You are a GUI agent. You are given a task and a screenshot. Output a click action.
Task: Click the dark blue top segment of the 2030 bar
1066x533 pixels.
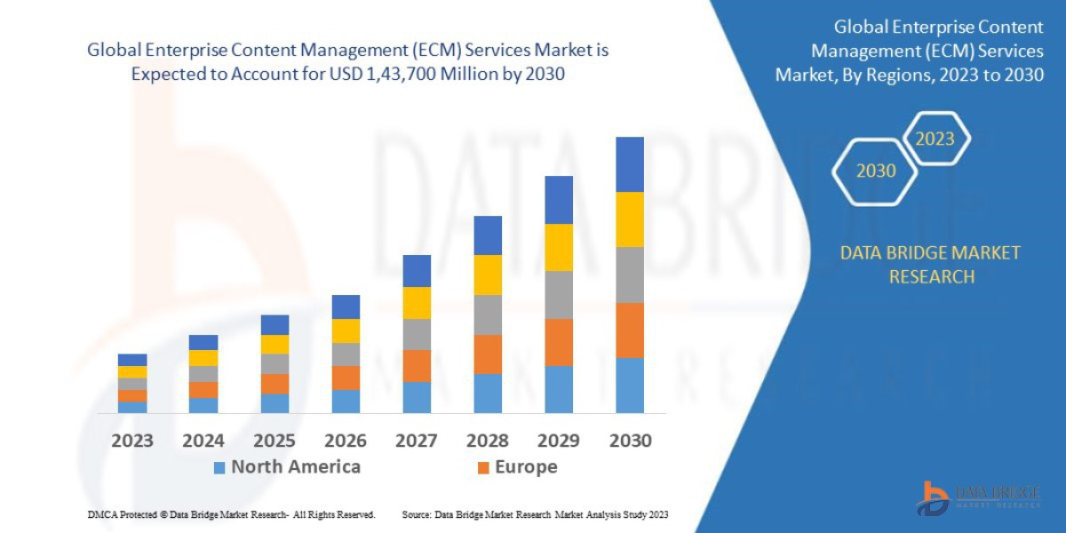(x=629, y=164)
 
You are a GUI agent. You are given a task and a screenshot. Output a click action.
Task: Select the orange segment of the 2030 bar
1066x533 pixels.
(x=629, y=330)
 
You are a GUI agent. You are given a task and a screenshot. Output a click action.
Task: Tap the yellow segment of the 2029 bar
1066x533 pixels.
(x=558, y=247)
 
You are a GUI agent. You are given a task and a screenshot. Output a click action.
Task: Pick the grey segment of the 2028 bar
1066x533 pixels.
(x=487, y=314)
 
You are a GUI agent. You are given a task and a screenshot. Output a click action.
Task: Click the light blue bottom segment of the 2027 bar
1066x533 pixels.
(x=416, y=397)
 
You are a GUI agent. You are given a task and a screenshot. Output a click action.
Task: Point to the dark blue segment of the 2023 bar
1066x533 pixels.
(x=131, y=360)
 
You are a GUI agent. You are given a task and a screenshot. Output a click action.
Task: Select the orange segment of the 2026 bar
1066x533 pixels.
(x=345, y=378)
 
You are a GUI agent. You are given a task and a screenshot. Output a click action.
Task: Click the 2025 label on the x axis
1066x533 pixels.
(x=274, y=441)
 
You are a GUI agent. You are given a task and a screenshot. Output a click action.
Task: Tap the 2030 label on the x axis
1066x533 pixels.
(x=629, y=441)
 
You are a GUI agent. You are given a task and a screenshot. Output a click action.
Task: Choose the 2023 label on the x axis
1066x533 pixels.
(x=131, y=441)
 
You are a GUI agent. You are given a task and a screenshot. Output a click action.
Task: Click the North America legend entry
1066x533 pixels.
(x=286, y=467)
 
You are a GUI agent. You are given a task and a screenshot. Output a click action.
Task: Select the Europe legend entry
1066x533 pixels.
(x=517, y=467)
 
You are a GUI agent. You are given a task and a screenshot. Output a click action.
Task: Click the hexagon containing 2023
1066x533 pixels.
(x=935, y=139)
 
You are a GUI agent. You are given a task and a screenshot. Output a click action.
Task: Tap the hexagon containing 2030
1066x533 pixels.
(x=875, y=171)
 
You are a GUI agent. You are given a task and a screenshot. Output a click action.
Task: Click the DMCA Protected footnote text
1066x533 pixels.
(x=231, y=515)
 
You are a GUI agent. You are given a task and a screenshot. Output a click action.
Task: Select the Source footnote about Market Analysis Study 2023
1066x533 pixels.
(x=535, y=515)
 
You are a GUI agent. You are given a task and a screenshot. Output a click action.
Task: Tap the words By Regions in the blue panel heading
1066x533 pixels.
(x=871, y=75)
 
